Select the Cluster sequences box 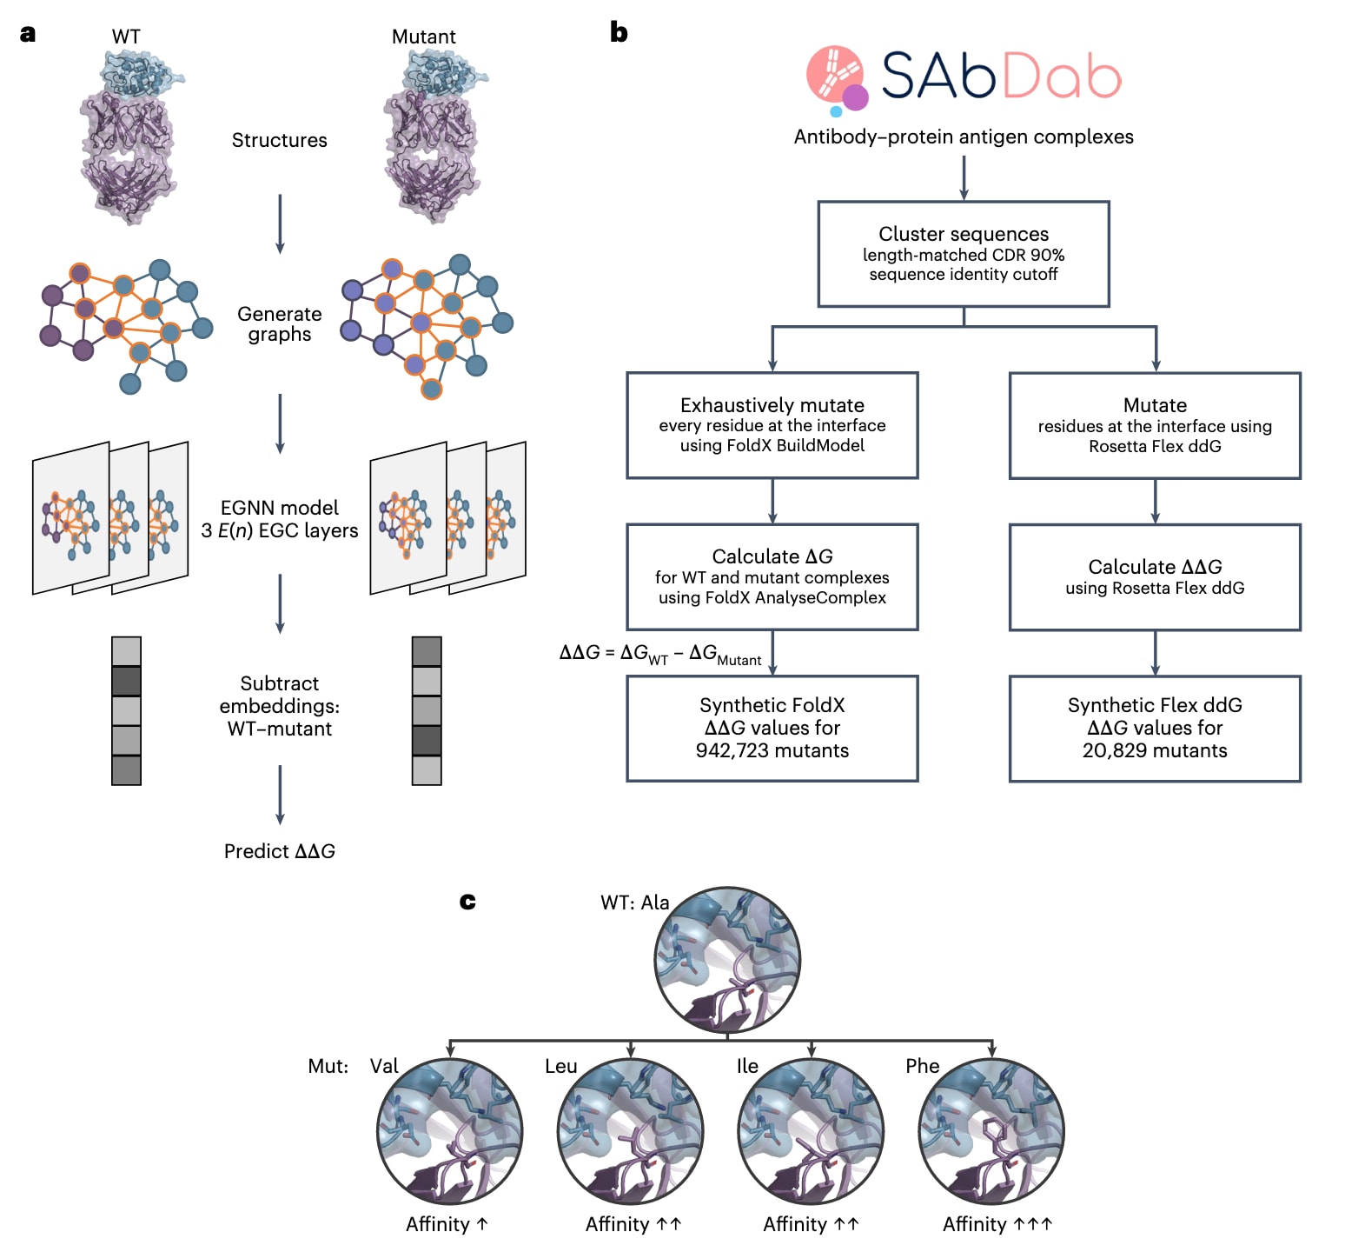tap(964, 254)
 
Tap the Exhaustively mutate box tap(772, 425)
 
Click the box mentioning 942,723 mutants tap(772, 728)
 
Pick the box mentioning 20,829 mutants tap(1155, 728)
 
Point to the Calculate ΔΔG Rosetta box tap(1155, 576)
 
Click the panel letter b tap(619, 32)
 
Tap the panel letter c tap(467, 901)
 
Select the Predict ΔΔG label tap(279, 851)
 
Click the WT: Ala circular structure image tap(727, 960)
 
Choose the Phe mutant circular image tap(991, 1131)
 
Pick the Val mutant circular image tap(450, 1131)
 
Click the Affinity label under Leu tap(633, 1224)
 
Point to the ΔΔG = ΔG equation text tap(659, 654)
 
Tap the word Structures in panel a tap(279, 140)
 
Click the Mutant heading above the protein tap(423, 37)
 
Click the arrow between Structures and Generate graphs tap(280, 223)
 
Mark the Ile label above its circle tap(747, 1066)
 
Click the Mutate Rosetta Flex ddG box tap(1155, 425)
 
